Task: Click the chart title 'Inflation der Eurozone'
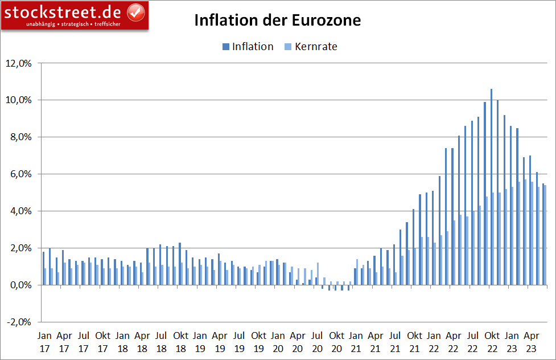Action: pos(278,21)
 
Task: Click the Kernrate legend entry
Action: pos(310,47)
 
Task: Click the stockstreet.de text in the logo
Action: pos(64,11)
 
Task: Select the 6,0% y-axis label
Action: pos(20,174)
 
